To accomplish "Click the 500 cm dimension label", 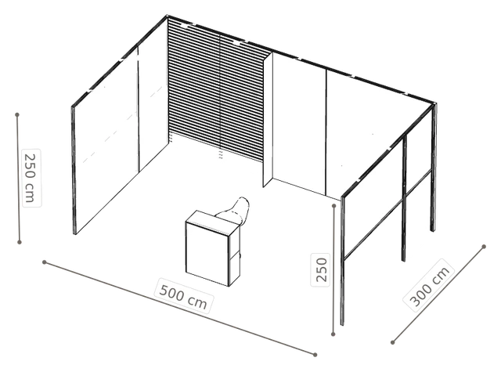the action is pos(183,296).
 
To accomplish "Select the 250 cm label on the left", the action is pos(31,178).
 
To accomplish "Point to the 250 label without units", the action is pos(321,269).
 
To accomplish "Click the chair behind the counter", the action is pos(236,211).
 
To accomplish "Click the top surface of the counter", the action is pos(212,223).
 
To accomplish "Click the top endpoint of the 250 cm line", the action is pos(17,114).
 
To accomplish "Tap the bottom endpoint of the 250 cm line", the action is pos(20,242).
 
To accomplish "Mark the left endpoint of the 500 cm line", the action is pos(45,262).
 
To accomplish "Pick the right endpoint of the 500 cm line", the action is pos(315,355).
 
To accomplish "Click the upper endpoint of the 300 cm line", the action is pos(484,247).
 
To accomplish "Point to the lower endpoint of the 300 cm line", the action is pos(393,342).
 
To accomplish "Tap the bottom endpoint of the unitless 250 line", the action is pos(333,334).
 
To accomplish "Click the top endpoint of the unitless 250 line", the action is pos(334,206).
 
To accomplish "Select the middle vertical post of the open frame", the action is pos(404,198).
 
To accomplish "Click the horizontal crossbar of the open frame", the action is pos(387,214).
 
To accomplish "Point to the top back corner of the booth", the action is pos(167,16).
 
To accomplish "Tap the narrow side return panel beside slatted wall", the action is pos(268,121).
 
